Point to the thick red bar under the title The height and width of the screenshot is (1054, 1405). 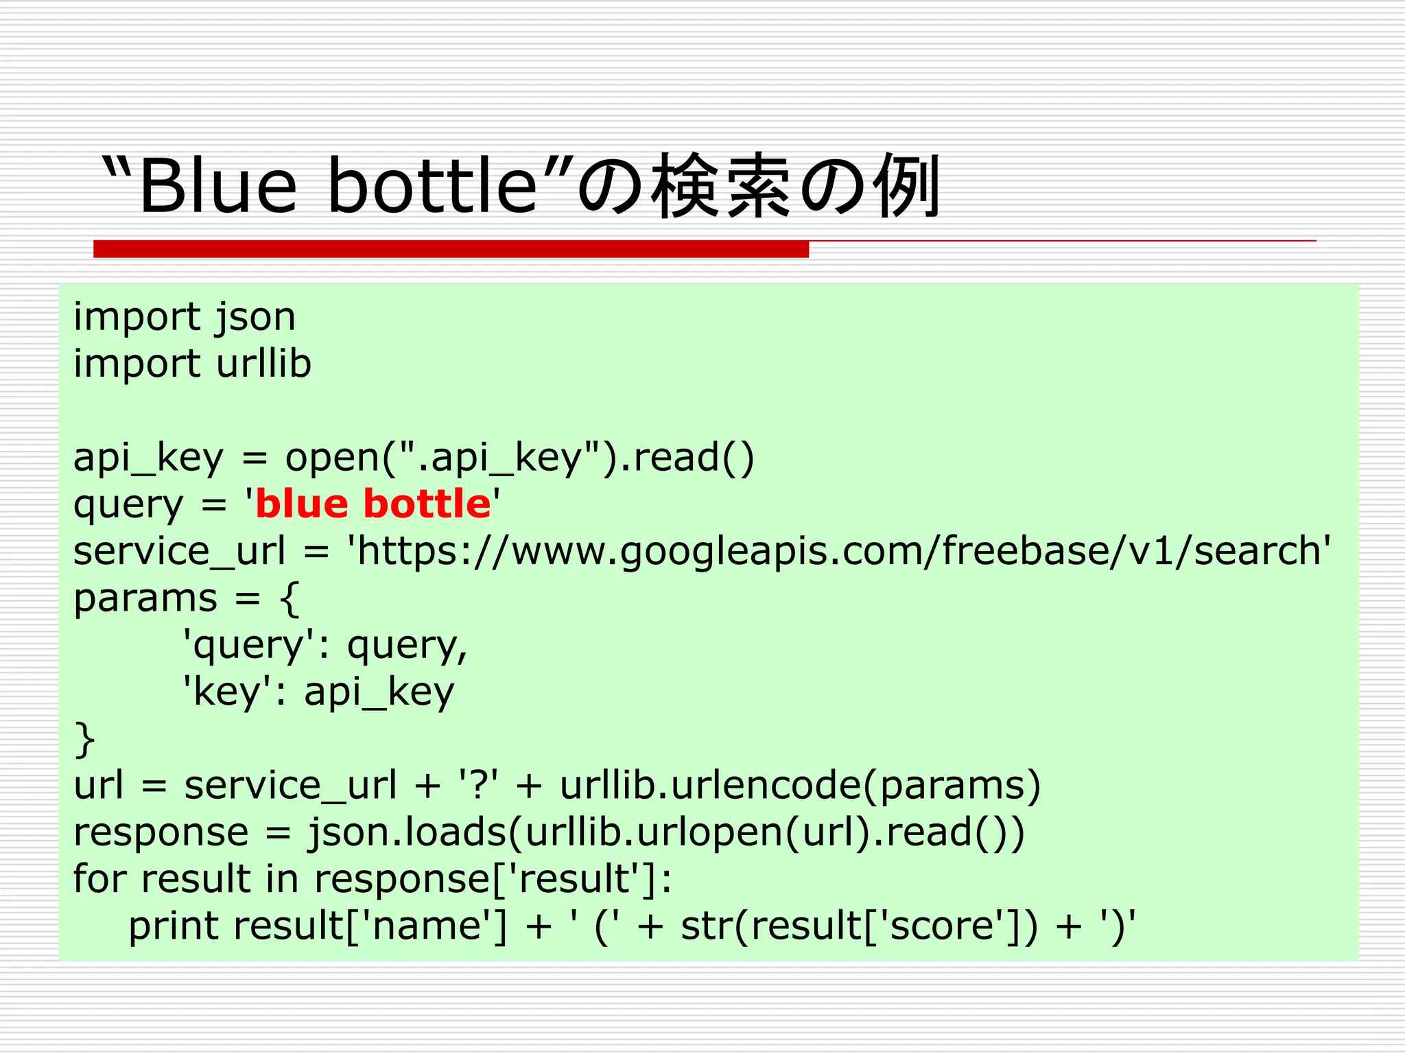(451, 249)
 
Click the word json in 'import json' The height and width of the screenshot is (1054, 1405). (255, 318)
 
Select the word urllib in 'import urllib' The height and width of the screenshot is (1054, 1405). (263, 364)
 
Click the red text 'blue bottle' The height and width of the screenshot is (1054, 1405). (373, 504)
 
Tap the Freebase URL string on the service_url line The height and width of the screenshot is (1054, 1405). (840, 551)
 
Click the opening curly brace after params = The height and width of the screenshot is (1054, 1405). (290, 598)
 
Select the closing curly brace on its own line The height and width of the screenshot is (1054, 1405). (84, 739)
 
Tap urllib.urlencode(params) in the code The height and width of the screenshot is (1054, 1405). (800, 785)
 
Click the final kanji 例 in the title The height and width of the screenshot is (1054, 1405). (906, 186)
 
